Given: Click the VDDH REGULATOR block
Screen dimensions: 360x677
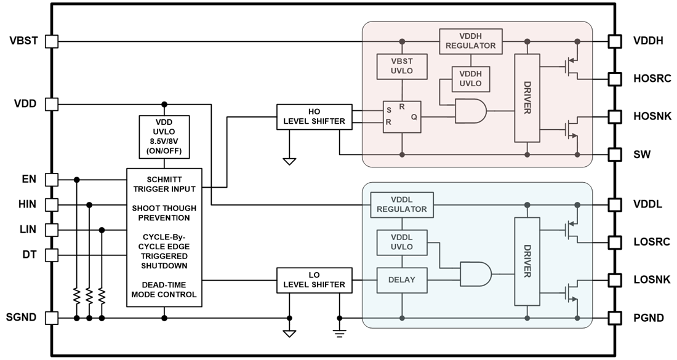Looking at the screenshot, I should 470,41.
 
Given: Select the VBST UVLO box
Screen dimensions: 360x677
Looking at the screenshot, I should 402,66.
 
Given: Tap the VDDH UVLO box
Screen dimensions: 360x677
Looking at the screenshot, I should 470,79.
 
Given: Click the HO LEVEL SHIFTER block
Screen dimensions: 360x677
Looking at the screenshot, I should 314,117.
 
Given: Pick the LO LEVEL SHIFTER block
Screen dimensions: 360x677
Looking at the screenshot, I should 314,280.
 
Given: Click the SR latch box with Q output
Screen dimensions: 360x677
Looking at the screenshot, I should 401,116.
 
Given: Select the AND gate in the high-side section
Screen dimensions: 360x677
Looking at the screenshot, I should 470,111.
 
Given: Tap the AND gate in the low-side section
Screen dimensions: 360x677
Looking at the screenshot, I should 475,274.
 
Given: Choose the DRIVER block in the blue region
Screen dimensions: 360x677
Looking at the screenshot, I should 527,262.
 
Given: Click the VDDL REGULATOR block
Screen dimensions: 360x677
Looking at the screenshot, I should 402,204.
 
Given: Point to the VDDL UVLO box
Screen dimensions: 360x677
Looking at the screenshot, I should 401,242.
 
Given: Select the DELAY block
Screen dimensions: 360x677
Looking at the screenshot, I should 401,280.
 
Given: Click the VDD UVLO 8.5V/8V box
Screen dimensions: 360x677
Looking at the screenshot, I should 164,136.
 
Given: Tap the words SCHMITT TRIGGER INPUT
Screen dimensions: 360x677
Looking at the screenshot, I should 164,184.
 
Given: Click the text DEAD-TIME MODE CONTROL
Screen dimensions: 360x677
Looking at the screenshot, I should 164,290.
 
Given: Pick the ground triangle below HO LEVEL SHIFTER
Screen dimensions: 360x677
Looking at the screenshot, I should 289,161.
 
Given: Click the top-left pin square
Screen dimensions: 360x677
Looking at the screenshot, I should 52,41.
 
